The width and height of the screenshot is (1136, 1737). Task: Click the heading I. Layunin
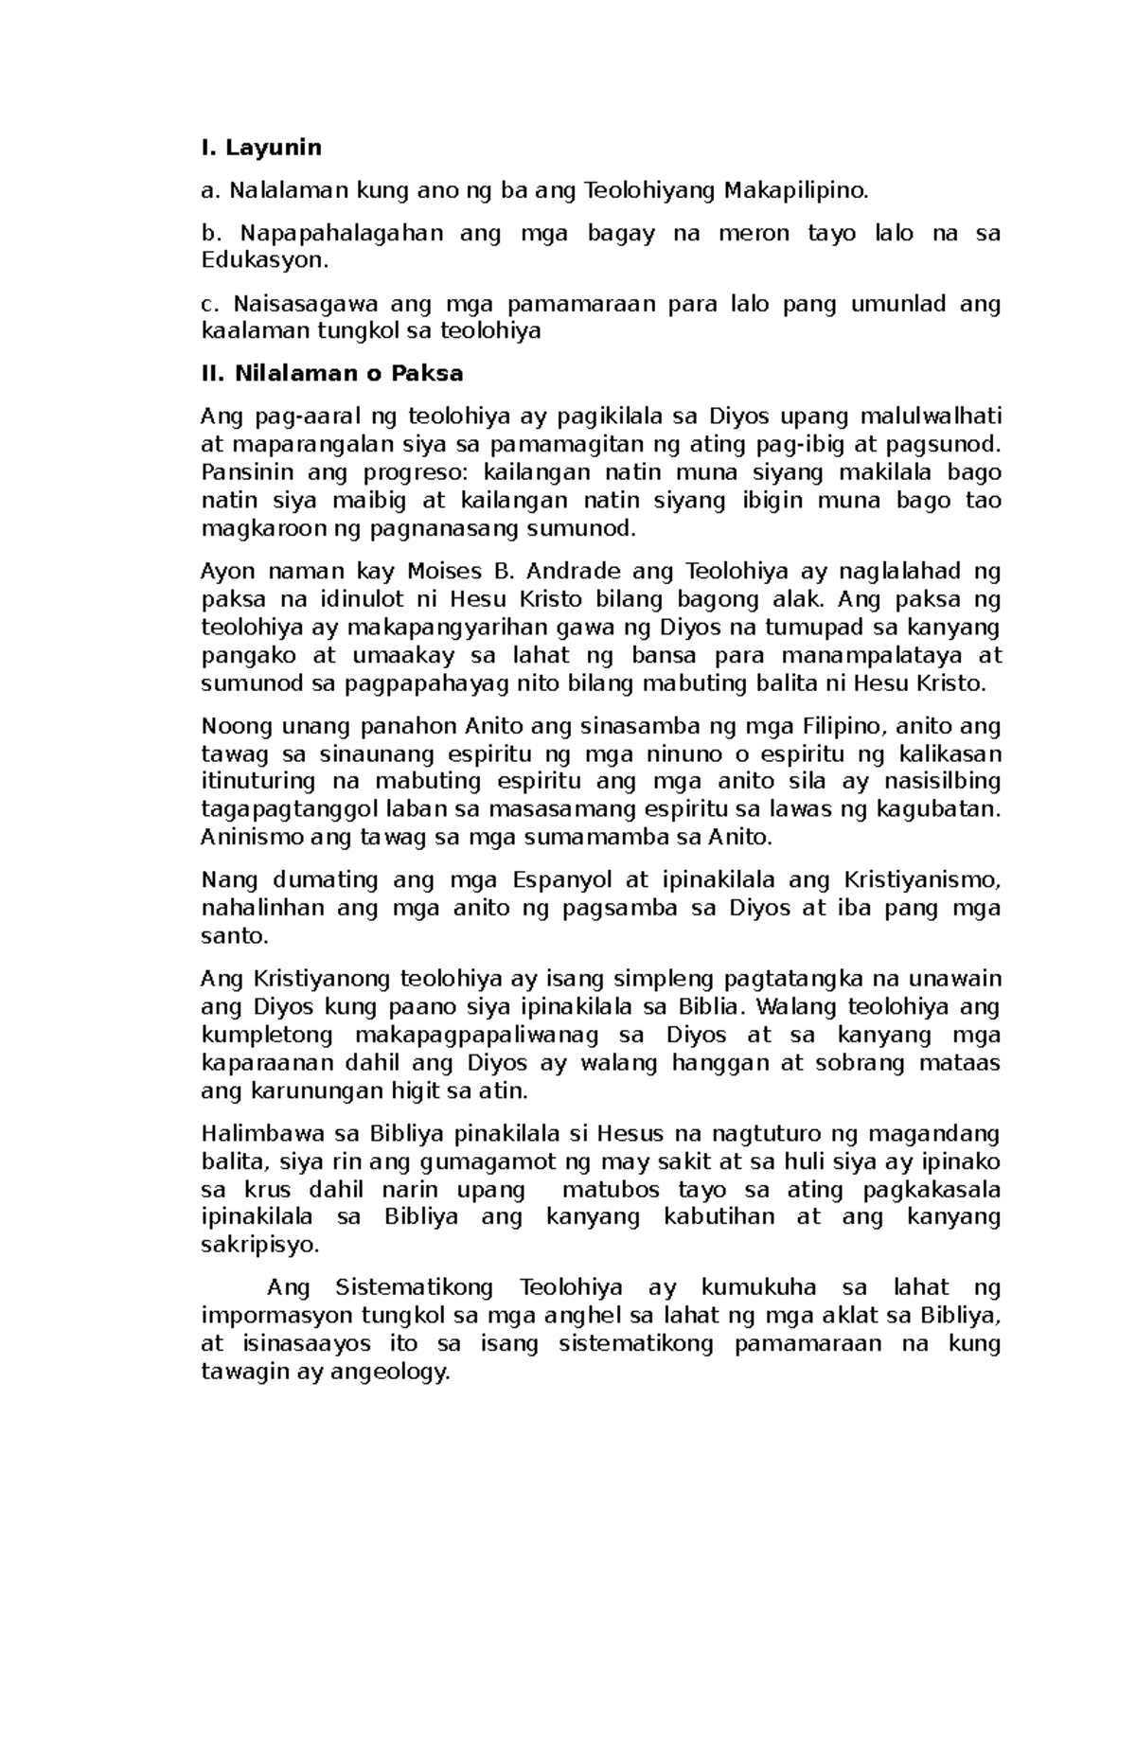pos(261,148)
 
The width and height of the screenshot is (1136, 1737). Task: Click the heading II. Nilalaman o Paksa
pos(332,373)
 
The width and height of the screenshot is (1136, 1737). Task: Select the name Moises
pos(444,571)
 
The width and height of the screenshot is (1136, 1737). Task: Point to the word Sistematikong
pos(414,1287)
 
